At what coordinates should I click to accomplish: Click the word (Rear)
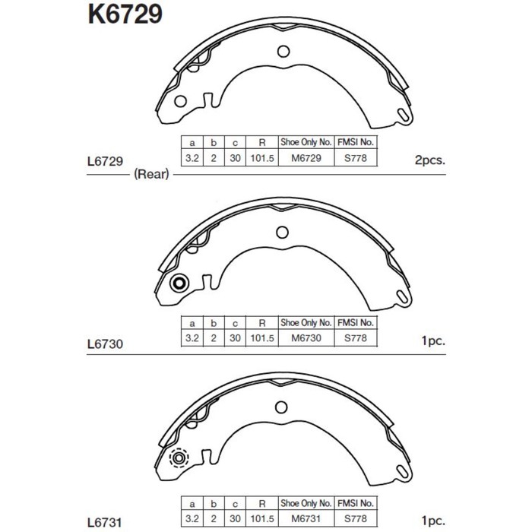[151, 174]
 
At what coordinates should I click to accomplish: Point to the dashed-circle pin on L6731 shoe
[179, 459]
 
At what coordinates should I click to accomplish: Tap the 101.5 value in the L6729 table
[261, 158]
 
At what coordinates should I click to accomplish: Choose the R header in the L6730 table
[261, 322]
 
